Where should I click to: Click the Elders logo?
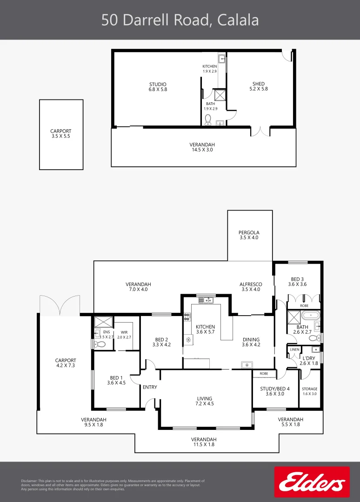point(312,482)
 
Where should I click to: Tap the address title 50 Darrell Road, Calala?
point(180,20)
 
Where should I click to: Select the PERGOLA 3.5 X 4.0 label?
point(249,235)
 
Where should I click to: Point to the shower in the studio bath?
point(220,95)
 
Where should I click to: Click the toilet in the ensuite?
point(100,344)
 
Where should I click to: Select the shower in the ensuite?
point(101,322)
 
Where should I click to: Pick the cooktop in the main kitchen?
point(187,317)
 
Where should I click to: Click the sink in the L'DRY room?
point(316,349)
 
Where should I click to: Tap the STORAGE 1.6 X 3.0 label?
point(309,391)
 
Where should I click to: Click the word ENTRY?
point(150,387)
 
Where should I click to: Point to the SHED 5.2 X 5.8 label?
point(259,86)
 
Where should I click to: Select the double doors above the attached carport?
point(60,304)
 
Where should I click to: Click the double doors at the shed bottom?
point(260,131)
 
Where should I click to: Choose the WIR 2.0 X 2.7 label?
point(124,335)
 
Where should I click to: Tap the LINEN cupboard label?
point(294,349)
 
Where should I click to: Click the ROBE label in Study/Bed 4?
point(264,374)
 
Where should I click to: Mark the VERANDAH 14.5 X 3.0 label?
point(202,147)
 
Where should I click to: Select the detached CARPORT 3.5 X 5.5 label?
point(61,134)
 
